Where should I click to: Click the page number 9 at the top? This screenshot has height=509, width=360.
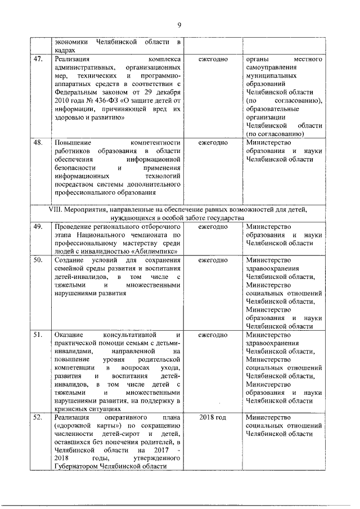[x=179, y=25]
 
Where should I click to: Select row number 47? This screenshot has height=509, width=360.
[x=38, y=59]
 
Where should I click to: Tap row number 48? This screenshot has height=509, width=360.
[x=38, y=142]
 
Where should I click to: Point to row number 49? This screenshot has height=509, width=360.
[x=38, y=227]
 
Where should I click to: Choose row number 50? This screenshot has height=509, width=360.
[x=38, y=260]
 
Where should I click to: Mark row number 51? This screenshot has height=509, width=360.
[x=38, y=335]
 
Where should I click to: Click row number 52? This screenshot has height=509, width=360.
[x=38, y=418]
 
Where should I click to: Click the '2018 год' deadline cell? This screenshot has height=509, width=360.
[x=213, y=418]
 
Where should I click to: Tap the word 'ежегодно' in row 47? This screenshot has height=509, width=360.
[x=213, y=59]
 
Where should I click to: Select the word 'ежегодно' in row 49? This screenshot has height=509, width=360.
[x=213, y=227]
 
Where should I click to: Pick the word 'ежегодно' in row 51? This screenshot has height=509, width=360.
[x=213, y=335]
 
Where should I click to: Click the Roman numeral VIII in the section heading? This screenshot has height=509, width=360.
[x=59, y=209]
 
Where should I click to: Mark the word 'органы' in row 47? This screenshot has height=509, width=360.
[x=258, y=59]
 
